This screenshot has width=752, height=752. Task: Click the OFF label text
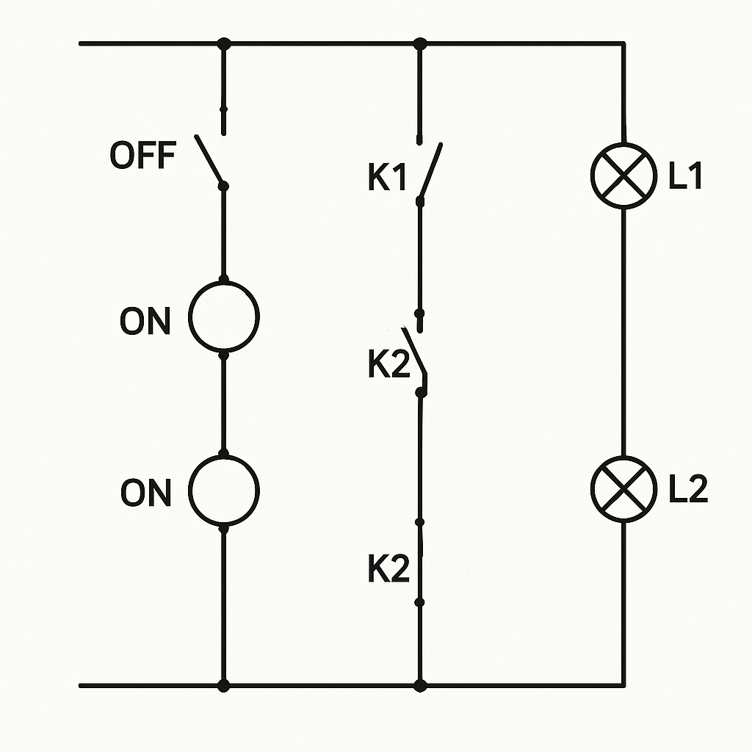pyautogui.click(x=143, y=155)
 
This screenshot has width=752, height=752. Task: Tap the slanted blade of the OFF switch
pyautogui.click(x=209, y=160)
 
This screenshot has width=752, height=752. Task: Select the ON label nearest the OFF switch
pyautogui.click(x=145, y=320)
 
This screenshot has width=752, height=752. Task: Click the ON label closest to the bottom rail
pyautogui.click(x=146, y=492)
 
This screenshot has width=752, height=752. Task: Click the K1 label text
pyautogui.click(x=388, y=177)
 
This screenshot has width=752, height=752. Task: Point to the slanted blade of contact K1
pyautogui.click(x=430, y=170)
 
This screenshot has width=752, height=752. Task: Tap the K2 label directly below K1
pyautogui.click(x=389, y=363)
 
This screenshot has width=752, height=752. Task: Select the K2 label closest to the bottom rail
pyautogui.click(x=389, y=568)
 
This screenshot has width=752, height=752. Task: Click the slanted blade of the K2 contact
pyautogui.click(x=414, y=350)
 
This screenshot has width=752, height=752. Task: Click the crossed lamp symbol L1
pyautogui.click(x=623, y=176)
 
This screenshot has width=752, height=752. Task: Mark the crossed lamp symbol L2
pyautogui.click(x=623, y=489)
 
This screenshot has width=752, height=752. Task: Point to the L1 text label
pyautogui.click(x=685, y=175)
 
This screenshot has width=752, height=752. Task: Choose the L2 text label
pyautogui.click(x=688, y=488)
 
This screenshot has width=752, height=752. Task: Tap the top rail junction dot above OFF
pyautogui.click(x=223, y=43)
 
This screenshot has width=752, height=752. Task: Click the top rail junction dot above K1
pyautogui.click(x=419, y=43)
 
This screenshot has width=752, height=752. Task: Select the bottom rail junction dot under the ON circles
pyautogui.click(x=223, y=686)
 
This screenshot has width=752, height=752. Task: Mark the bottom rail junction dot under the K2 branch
pyautogui.click(x=420, y=686)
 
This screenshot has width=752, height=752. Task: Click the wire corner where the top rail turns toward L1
pyautogui.click(x=623, y=43)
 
